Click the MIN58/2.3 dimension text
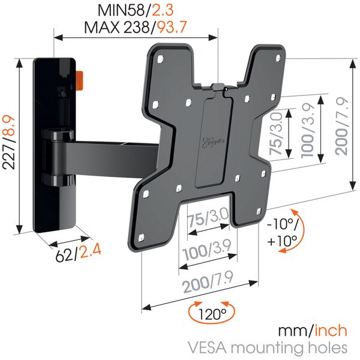(x=136, y=10)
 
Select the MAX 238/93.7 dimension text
(x=136, y=27)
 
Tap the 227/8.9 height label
(x=9, y=142)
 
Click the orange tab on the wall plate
(x=79, y=81)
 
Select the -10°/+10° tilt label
(x=283, y=232)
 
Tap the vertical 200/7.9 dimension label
(x=342, y=126)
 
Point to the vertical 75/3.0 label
(x=276, y=134)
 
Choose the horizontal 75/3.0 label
(x=208, y=217)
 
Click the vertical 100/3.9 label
(x=308, y=130)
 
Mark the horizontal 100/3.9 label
(x=207, y=250)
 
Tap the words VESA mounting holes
(x=267, y=348)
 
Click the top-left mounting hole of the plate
(x=160, y=59)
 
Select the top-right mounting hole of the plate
(x=278, y=58)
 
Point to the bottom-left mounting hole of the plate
(x=142, y=238)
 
